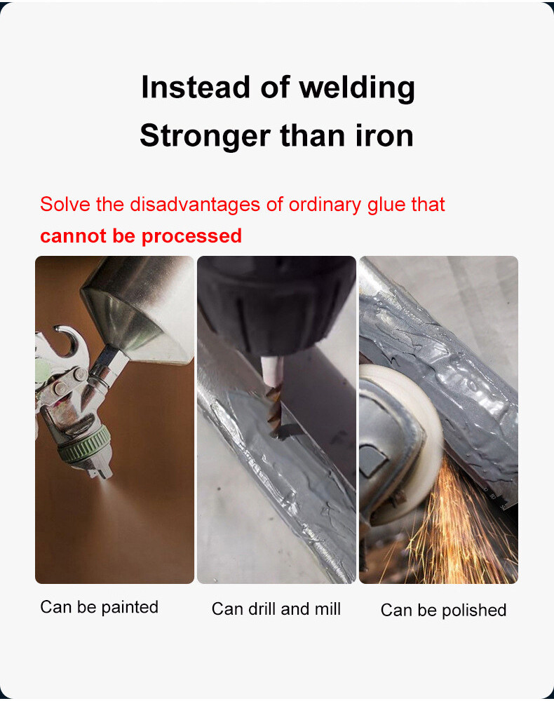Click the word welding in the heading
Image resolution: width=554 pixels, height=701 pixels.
click(357, 88)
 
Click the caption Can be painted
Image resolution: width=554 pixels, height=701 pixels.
click(99, 606)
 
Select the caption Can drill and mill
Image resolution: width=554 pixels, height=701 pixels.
click(276, 609)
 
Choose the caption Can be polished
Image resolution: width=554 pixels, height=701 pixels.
click(443, 611)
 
